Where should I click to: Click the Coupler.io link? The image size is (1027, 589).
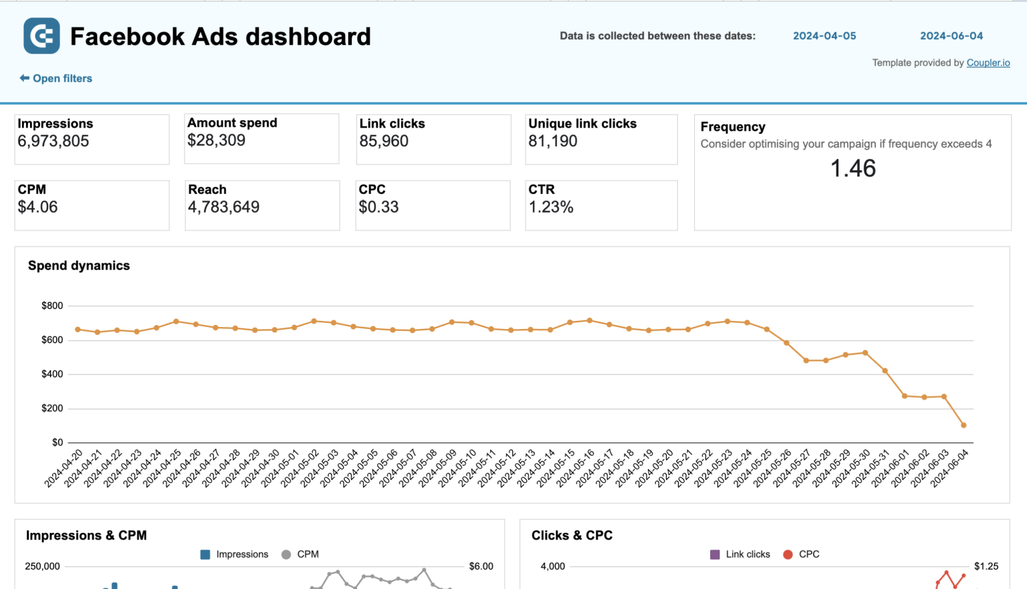click(988, 63)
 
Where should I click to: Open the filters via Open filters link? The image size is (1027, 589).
click(56, 78)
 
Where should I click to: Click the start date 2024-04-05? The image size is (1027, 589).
click(824, 36)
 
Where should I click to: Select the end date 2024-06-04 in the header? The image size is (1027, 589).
click(951, 36)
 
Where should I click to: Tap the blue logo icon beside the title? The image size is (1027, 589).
click(41, 35)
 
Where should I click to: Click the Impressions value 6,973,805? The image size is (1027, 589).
click(53, 141)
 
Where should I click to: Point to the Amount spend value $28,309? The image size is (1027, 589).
click(216, 140)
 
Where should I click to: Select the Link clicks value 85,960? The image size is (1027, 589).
click(384, 141)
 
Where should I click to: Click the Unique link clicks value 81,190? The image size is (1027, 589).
click(553, 141)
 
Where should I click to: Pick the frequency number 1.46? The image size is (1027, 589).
click(852, 168)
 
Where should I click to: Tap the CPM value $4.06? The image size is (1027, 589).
click(38, 207)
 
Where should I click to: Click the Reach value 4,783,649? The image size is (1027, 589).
click(223, 207)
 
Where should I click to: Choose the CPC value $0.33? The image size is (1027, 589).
click(378, 207)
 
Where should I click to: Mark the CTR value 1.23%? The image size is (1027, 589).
click(551, 207)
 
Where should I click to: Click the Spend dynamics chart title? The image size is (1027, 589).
click(79, 265)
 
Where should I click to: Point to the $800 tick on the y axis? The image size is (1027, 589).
click(52, 306)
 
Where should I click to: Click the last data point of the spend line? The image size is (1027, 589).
click(963, 425)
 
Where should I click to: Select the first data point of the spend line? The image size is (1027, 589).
click(78, 330)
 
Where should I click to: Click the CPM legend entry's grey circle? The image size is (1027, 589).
click(286, 554)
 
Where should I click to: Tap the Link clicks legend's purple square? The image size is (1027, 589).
click(715, 554)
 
